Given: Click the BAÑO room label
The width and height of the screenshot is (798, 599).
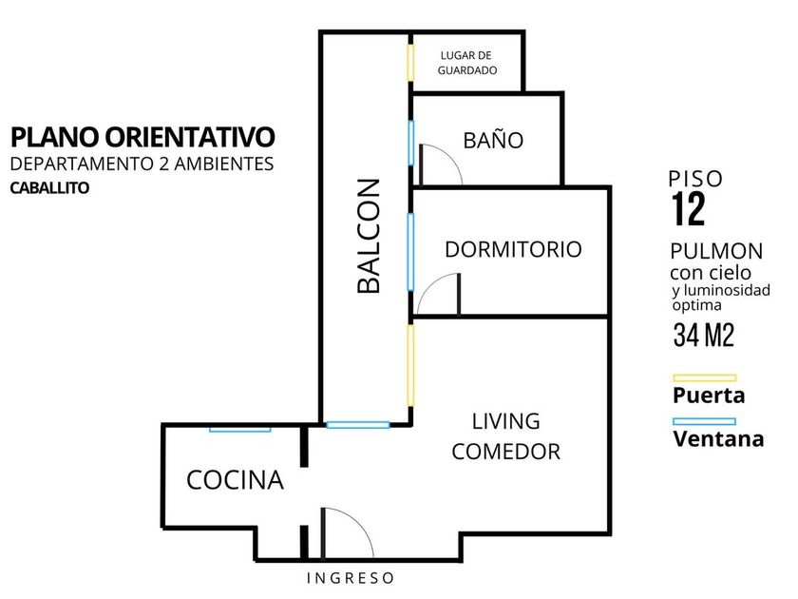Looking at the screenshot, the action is [x=493, y=140].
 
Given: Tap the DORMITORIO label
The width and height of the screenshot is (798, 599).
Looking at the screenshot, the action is [x=513, y=249].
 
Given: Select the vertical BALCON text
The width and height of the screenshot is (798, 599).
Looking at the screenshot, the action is [x=369, y=236].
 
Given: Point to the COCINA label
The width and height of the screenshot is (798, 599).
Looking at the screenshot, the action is [x=235, y=480].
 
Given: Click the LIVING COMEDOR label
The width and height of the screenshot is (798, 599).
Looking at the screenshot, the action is [x=505, y=436].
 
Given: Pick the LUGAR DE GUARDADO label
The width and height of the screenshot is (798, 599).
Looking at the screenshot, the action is [x=467, y=63].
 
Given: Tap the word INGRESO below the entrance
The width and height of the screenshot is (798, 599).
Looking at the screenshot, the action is [x=351, y=578].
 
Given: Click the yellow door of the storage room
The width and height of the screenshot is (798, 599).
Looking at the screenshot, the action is [x=410, y=63].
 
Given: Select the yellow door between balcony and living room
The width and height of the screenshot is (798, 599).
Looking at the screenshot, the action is [x=410, y=365].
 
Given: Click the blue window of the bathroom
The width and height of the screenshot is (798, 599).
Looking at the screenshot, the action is [x=410, y=144].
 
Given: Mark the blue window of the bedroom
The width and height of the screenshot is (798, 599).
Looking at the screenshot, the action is [x=410, y=252].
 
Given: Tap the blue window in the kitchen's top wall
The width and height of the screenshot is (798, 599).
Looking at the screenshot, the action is [x=240, y=430].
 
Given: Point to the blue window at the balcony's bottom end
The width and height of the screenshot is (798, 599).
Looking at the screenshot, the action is [x=358, y=425].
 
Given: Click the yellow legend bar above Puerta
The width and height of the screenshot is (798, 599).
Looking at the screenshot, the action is [x=704, y=378].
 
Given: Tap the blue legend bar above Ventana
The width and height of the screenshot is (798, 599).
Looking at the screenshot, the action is [x=704, y=421].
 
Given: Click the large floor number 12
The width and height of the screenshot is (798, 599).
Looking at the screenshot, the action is [x=689, y=209].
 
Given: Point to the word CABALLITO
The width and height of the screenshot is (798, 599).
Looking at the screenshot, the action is [x=49, y=188].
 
